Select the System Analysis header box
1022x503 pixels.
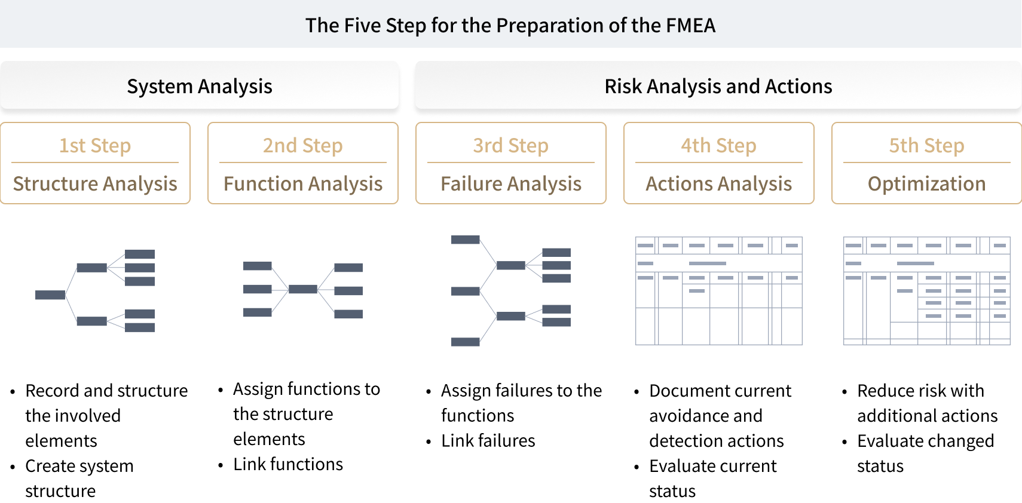click(200, 86)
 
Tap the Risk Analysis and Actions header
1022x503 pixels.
click(718, 86)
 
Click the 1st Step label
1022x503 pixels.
click(95, 146)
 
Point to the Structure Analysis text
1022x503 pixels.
click(95, 183)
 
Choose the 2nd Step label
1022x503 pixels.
click(303, 146)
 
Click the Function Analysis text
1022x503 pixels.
click(303, 183)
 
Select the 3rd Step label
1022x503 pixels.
click(511, 146)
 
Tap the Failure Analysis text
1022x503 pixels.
click(511, 183)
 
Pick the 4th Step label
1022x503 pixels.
click(719, 146)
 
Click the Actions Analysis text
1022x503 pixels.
click(719, 183)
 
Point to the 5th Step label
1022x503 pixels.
click(926, 146)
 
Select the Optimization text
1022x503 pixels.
click(926, 183)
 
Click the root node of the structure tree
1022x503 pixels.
click(50, 295)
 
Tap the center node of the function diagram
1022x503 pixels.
click(303, 289)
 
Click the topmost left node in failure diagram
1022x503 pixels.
click(466, 240)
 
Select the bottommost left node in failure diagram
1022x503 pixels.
click(466, 342)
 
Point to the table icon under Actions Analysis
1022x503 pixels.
click(719, 291)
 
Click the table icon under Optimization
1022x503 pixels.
click(926, 291)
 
